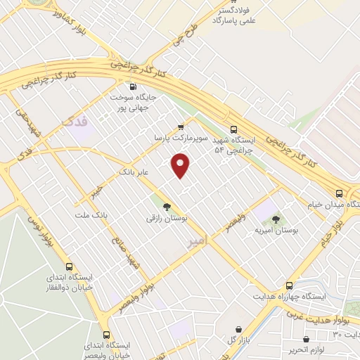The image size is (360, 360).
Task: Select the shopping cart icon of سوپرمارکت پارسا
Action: point(181,127)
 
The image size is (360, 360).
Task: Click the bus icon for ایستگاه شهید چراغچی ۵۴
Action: point(234,129)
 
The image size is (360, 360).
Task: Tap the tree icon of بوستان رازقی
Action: point(167,207)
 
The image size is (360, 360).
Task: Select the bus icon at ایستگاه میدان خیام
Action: point(340,193)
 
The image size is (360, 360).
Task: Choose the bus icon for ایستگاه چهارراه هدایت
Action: point(290,285)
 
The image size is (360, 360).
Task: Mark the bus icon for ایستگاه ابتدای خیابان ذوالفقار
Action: point(69,266)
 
